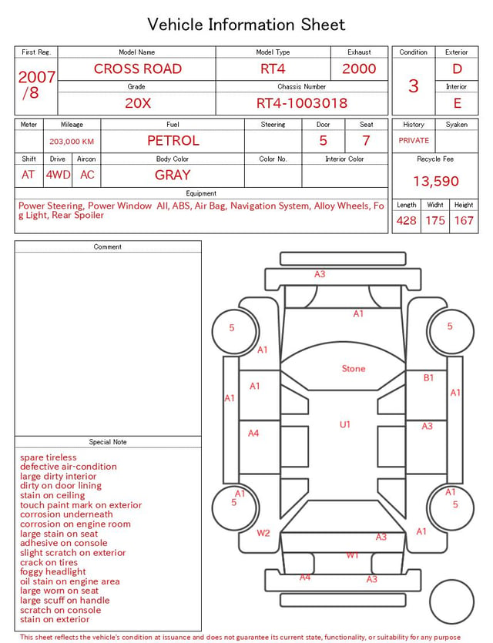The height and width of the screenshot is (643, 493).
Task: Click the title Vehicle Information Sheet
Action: [246, 25]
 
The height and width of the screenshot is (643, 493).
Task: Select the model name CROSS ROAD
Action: [138, 69]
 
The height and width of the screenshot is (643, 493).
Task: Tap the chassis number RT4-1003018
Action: [302, 103]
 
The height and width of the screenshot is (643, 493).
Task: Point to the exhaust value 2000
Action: [359, 69]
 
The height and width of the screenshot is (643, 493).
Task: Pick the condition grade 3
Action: [414, 86]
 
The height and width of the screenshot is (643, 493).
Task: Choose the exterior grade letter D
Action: [457, 69]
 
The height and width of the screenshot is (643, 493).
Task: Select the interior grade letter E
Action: [457, 103]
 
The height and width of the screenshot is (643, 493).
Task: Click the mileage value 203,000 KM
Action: [72, 142]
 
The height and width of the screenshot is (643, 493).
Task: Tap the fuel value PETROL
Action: [173, 141]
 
